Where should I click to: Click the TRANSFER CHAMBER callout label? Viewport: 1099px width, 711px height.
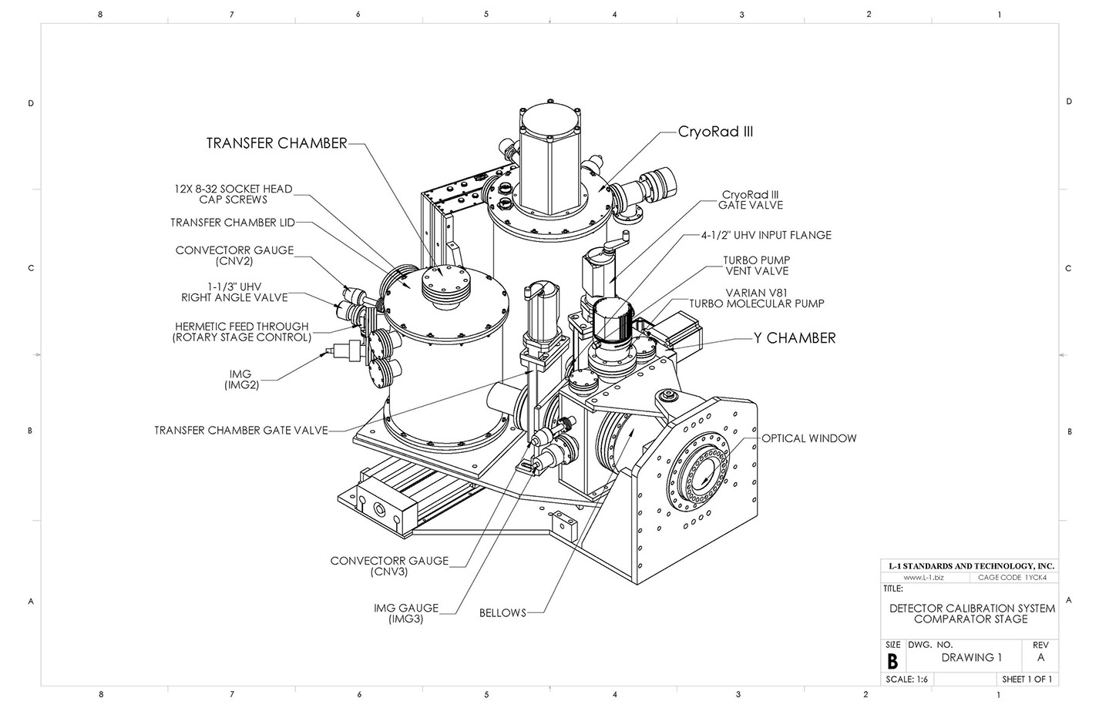pos(277,143)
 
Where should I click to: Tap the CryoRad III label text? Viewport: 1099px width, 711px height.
pos(715,132)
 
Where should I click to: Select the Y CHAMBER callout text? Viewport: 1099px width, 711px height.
pos(795,338)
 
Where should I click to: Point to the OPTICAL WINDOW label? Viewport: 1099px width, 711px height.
pos(809,438)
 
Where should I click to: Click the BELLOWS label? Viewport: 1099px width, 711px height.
pos(502,613)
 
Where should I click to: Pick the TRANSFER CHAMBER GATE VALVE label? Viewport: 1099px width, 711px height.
pos(241,430)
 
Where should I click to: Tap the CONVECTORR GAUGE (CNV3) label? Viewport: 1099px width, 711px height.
pos(389,566)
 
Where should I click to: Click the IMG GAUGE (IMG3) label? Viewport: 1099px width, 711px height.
pos(405,613)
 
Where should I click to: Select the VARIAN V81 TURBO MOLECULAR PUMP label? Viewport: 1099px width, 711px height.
pos(757,299)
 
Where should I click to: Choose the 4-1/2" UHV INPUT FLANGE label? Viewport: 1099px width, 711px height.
pos(766,236)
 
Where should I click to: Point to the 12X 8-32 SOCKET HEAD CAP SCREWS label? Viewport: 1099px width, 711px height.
pos(234,194)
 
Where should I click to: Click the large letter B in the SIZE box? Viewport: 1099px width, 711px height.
pos(892,662)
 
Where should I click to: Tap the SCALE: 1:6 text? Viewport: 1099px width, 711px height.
pos(906,679)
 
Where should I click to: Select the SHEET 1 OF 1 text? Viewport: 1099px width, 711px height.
pos(1027,679)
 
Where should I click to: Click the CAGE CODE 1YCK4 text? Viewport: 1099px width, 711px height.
pos(1012,578)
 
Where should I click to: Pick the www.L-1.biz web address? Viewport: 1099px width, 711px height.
pos(924,578)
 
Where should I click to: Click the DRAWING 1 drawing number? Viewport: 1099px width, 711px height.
pos(971,658)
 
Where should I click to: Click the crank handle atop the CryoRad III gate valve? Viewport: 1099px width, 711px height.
pos(617,241)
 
